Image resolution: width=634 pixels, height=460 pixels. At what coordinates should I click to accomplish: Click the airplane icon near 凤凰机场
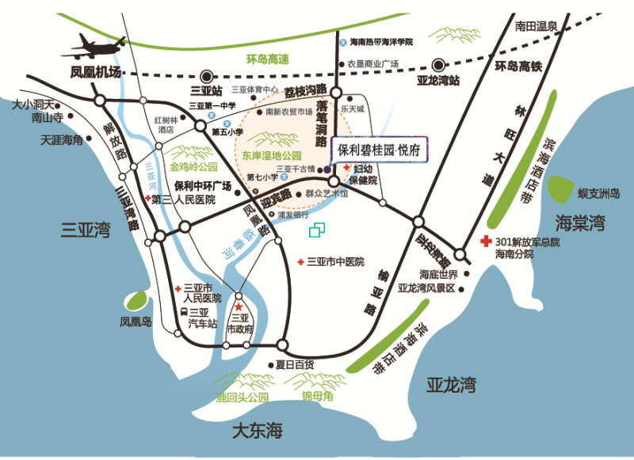[97, 47]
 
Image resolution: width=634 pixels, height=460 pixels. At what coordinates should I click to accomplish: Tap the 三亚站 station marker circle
[207, 76]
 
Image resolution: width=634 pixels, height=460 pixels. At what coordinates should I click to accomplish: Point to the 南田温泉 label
[536, 26]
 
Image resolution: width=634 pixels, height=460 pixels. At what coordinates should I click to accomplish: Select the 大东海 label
[258, 432]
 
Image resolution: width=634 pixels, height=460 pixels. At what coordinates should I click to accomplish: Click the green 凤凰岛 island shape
[136, 301]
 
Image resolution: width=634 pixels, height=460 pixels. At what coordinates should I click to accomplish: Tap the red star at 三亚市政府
[239, 306]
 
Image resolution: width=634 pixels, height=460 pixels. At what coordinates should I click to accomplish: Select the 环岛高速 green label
[268, 59]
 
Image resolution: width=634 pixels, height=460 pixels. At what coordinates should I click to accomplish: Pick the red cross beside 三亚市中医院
[300, 262]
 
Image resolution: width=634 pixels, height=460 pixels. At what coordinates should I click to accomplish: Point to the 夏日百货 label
[294, 365]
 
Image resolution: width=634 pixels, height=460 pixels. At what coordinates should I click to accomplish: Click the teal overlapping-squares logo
[317, 230]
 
